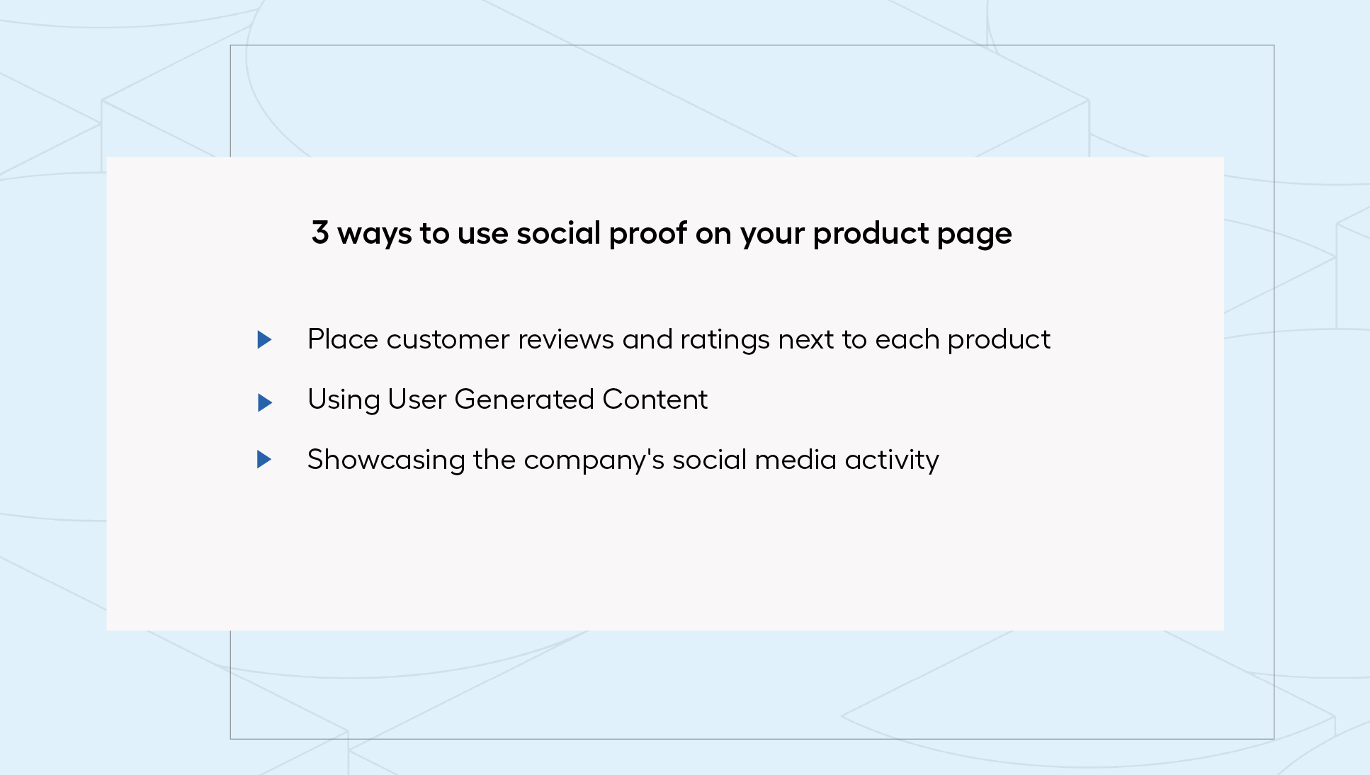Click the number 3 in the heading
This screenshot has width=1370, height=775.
click(320, 232)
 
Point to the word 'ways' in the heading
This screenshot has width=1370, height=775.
click(374, 235)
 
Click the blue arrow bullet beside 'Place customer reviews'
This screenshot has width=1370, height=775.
click(264, 339)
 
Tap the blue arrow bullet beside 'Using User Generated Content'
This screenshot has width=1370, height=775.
click(264, 402)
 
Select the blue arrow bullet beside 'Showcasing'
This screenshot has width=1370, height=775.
click(264, 459)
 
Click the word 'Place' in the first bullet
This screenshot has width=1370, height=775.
click(343, 339)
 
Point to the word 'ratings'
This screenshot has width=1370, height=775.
click(725, 341)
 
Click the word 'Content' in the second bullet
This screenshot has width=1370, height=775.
click(655, 400)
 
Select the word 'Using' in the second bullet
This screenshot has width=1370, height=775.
click(344, 401)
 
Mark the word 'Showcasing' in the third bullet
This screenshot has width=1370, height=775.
click(386, 460)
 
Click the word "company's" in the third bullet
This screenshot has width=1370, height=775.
click(594, 461)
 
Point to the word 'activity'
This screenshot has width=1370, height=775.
click(892, 461)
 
